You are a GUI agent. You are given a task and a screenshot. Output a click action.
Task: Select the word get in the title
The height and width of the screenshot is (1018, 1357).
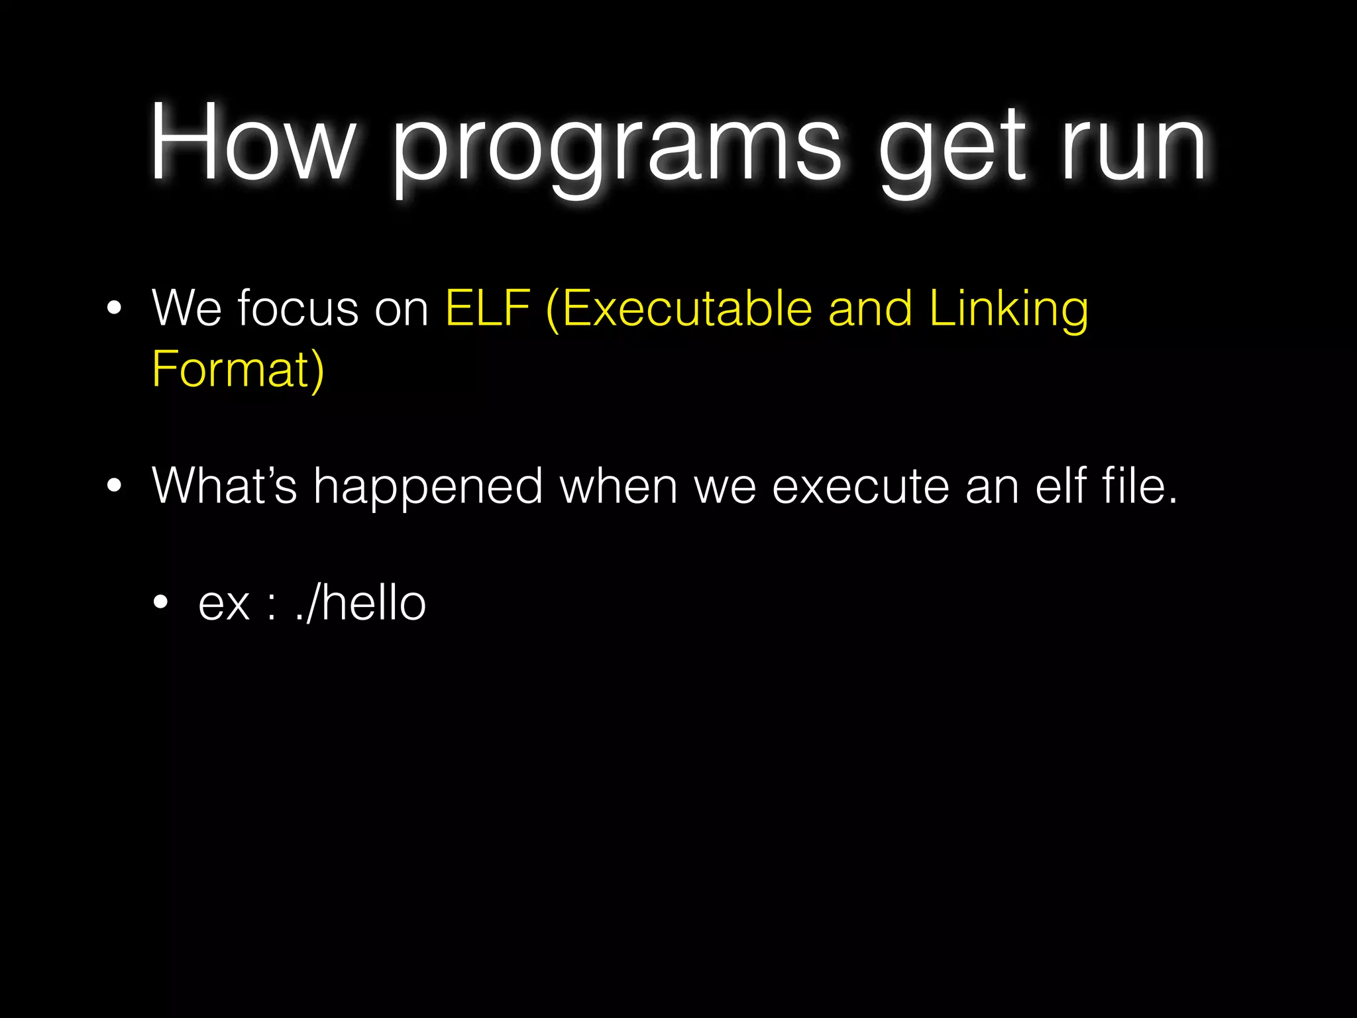[953, 149]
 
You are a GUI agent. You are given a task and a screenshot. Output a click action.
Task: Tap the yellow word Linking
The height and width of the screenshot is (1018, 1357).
[1008, 310]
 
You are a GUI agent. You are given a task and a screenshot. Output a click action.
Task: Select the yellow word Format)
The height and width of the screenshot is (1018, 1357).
[238, 369]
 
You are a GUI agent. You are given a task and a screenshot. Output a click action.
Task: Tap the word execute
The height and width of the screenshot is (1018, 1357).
[861, 487]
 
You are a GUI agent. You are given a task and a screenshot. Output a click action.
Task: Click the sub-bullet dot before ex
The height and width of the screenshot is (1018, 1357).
[160, 603]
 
